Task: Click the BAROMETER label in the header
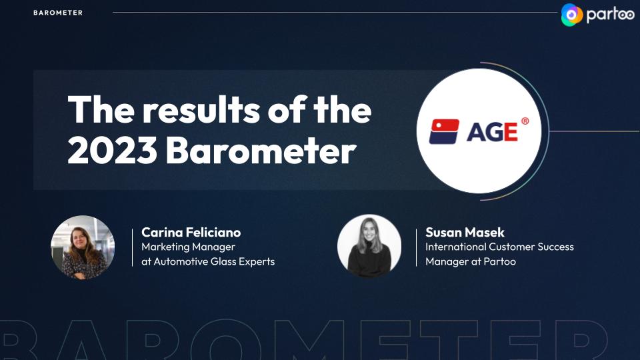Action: tap(58, 13)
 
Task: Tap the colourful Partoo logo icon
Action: tap(572, 15)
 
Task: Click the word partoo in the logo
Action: tap(610, 15)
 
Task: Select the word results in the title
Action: tap(201, 109)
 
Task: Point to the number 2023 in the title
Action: tap(112, 150)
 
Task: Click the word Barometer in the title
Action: tap(261, 150)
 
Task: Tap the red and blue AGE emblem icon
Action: tap(444, 131)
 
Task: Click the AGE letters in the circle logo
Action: tap(492, 132)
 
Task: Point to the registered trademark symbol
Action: tap(525, 121)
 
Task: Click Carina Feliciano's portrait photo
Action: tap(83, 247)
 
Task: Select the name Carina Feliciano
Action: tap(191, 232)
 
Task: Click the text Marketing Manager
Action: tap(188, 247)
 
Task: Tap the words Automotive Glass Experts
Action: tap(214, 261)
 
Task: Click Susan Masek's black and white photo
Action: tap(369, 247)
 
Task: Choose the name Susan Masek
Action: tap(465, 232)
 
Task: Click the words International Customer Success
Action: tap(499, 247)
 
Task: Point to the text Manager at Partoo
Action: tap(471, 261)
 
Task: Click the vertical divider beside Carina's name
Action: tap(132, 248)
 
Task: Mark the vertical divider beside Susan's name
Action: tap(416, 248)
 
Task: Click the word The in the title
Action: tap(101, 109)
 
